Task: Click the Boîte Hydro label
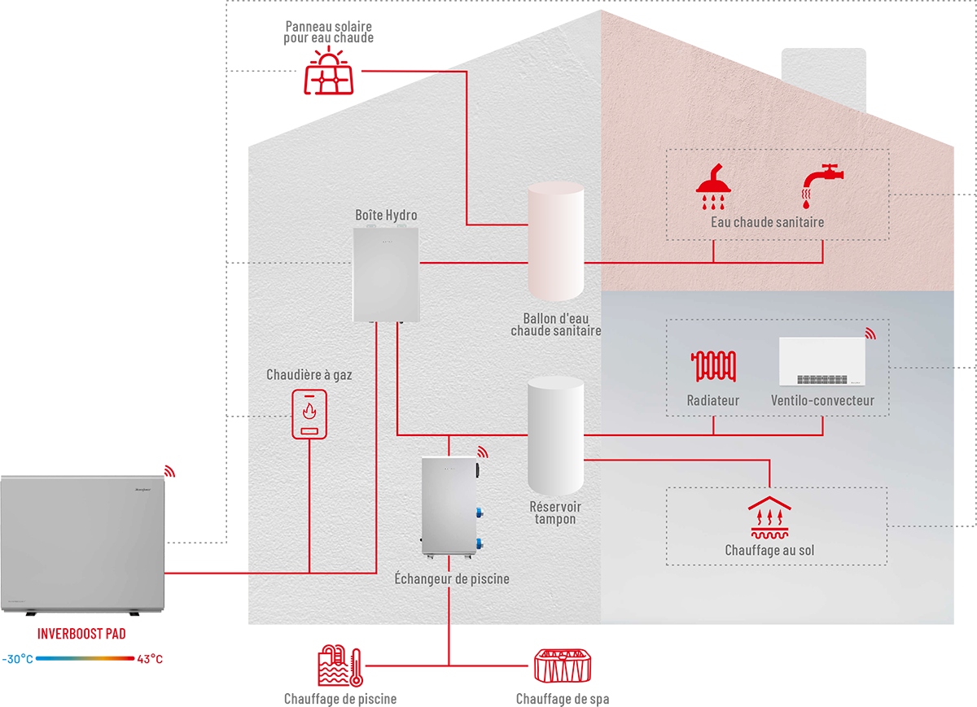click(386, 215)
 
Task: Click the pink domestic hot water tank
click(555, 242)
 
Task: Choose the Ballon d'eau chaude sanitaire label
click(556, 325)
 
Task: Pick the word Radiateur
click(713, 400)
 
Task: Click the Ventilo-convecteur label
click(822, 400)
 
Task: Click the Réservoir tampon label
click(555, 513)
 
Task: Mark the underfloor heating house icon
click(769, 517)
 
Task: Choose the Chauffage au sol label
click(769, 551)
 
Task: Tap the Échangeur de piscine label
click(452, 579)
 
